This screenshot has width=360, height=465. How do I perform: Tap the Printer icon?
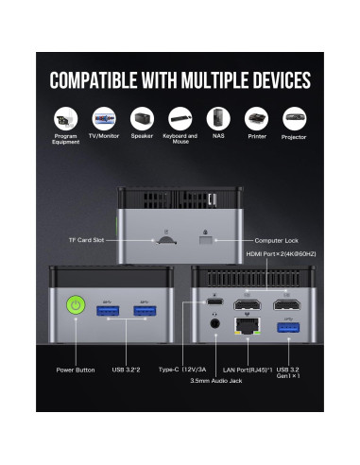(255, 119)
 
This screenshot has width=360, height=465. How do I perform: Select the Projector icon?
(294, 119)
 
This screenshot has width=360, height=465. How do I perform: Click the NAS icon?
(218, 119)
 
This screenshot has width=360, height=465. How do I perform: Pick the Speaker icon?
(142, 119)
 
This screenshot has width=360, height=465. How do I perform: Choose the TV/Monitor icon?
(104, 119)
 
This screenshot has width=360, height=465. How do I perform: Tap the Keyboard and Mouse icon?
(180, 119)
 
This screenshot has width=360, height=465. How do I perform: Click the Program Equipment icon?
(66, 119)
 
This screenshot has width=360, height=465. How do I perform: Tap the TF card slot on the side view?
(165, 240)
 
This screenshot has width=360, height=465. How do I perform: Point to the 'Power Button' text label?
(76, 369)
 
